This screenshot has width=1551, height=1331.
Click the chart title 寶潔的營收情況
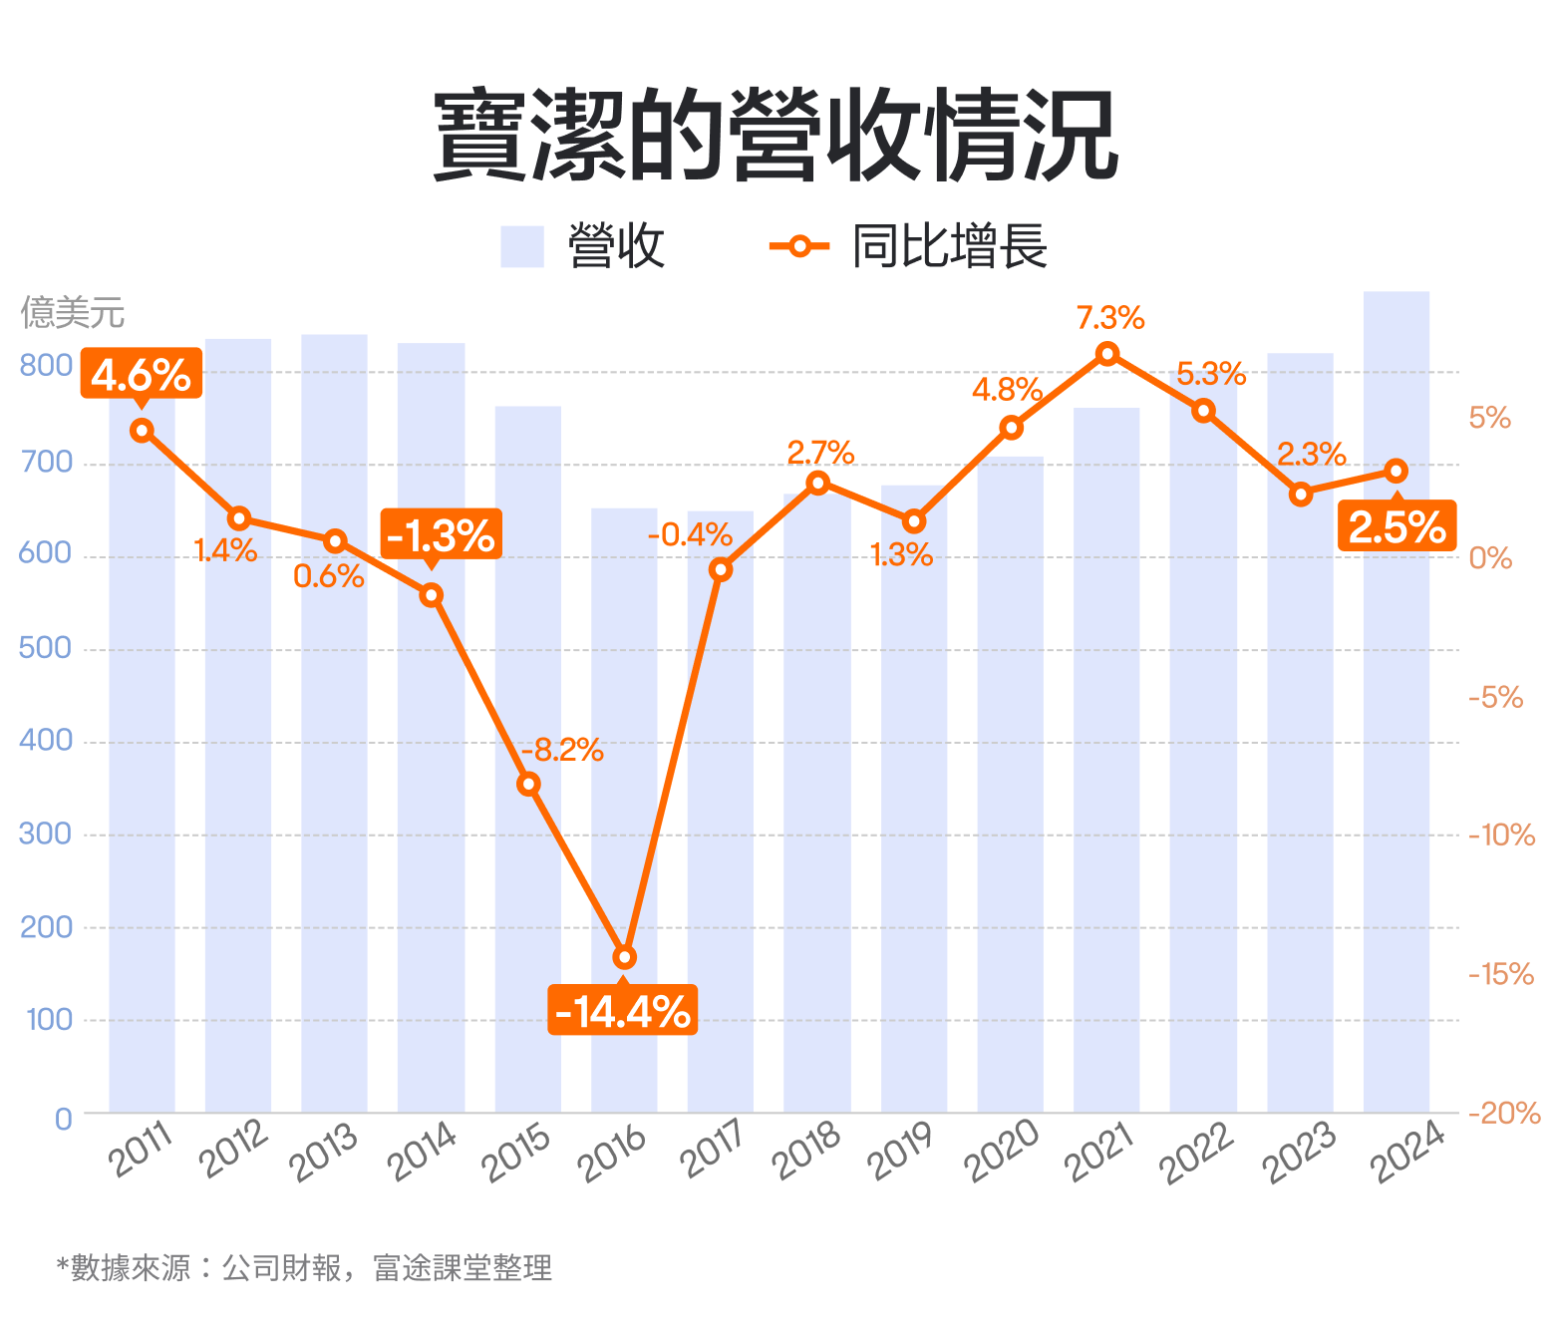pyautogui.click(x=775, y=137)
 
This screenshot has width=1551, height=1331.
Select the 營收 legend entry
pyautogui.click(x=583, y=246)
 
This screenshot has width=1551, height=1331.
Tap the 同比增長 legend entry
pyautogui.click(x=908, y=246)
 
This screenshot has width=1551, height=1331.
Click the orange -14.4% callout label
pyautogui.click(x=622, y=1011)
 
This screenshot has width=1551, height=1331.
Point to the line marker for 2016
pyautogui.click(x=624, y=957)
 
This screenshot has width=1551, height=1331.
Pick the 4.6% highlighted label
pyautogui.click(x=141, y=375)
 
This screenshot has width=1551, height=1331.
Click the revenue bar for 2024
pyautogui.click(x=1396, y=698)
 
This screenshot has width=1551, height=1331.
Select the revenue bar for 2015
pyautogui.click(x=528, y=758)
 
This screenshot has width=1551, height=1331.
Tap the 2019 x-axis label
pyautogui.click(x=900, y=1151)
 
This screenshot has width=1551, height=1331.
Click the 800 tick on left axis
pyautogui.click(x=46, y=366)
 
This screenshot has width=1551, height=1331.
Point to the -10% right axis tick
pyautogui.click(x=1501, y=835)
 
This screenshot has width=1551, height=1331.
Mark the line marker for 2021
pyautogui.click(x=1106, y=354)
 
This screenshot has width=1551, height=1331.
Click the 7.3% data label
pyautogui.click(x=1110, y=318)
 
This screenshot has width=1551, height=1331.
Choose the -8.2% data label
pyautogui.click(x=563, y=750)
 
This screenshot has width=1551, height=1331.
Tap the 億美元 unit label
pyautogui.click(x=73, y=313)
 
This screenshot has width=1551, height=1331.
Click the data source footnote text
pyautogui.click(x=304, y=1268)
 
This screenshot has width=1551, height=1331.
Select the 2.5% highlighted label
pyautogui.click(x=1396, y=526)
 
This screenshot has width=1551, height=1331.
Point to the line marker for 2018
pyautogui.click(x=817, y=484)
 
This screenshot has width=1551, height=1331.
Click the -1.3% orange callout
pyautogui.click(x=441, y=535)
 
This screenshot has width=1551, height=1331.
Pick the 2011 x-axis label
pyautogui.click(x=142, y=1151)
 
